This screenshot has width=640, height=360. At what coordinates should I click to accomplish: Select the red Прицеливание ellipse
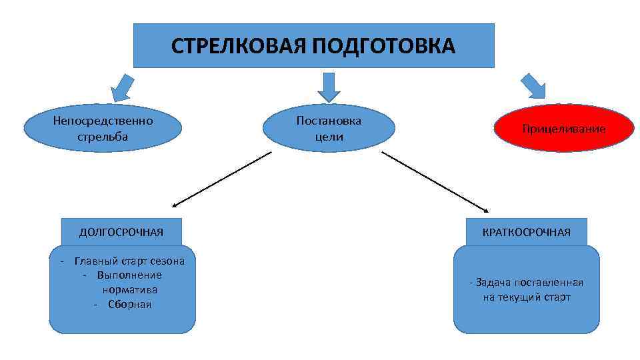coord(564,128)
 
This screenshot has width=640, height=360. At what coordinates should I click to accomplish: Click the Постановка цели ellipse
coord(329,128)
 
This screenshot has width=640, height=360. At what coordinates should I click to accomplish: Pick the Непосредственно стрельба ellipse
coord(103,128)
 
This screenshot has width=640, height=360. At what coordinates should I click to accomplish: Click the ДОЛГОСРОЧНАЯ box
coord(121,232)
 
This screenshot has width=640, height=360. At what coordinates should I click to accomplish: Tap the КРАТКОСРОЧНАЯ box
coord(527,232)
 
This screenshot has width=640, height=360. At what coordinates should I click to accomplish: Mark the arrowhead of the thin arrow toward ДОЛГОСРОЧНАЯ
coord(175,206)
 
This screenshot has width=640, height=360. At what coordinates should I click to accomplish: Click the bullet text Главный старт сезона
coord(129,261)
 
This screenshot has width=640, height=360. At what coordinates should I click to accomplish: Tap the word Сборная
coord(129,304)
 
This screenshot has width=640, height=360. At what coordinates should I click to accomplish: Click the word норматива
coord(129,289)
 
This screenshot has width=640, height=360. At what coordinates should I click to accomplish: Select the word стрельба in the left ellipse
coord(103,136)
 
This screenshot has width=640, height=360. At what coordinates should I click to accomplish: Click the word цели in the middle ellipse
coord(329,137)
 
